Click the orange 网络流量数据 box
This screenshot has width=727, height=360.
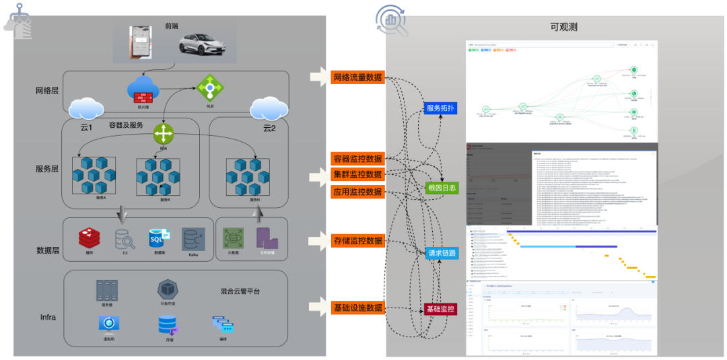click(x=358, y=77)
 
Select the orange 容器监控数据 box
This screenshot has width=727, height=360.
click(x=358, y=159)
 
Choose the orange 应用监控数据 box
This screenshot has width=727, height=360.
click(x=358, y=192)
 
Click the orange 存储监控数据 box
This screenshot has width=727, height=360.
click(x=358, y=240)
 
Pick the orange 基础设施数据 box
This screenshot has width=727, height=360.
click(x=358, y=308)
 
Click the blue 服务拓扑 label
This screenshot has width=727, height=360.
click(x=442, y=108)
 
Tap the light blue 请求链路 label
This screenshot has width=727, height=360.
click(x=442, y=254)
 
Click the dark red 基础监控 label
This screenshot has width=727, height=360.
click(x=440, y=310)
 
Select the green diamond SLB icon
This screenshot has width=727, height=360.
click(x=210, y=87)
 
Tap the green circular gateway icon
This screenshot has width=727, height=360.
click(x=164, y=133)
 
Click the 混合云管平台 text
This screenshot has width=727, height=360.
click(x=240, y=291)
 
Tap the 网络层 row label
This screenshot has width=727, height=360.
click(x=48, y=91)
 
